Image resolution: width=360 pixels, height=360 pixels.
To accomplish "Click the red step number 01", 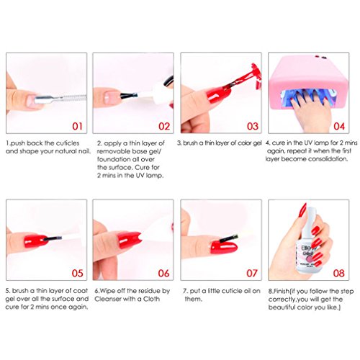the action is [x=77, y=126].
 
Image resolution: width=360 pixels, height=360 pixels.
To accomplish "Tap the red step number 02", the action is [x=164, y=126].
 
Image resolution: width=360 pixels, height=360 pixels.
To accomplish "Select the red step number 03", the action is [x=253, y=126].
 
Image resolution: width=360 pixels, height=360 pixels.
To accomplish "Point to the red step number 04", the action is [x=339, y=126].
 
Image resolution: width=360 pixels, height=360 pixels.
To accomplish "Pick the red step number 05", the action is [x=77, y=273].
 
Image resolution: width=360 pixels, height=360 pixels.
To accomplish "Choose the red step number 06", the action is [x=163, y=273].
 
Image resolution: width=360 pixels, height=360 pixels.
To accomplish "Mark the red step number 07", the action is [x=252, y=273].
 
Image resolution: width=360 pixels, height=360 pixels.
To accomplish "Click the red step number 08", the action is [x=338, y=273].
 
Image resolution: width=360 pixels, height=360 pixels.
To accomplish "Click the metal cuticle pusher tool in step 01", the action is [x=60, y=98].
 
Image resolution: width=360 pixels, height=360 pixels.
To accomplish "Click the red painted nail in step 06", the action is [x=128, y=239].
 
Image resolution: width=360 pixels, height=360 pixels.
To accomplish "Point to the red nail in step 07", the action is [x=223, y=247].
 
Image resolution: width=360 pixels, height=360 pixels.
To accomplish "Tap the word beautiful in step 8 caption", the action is [x=282, y=307].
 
